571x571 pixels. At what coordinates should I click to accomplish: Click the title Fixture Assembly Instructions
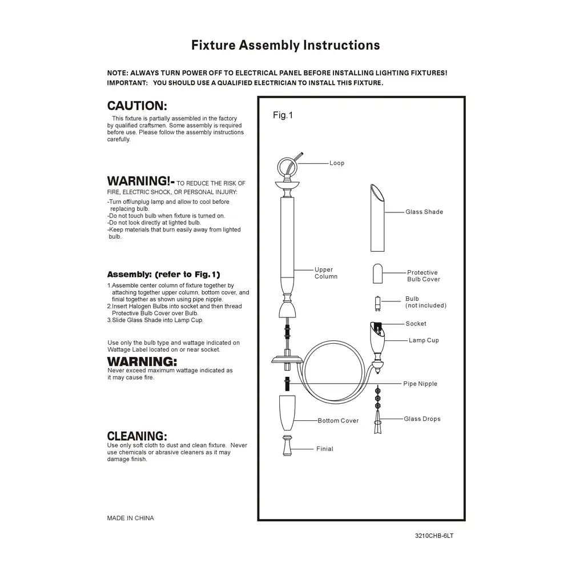click(x=285, y=45)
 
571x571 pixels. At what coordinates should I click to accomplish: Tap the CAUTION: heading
click(x=137, y=106)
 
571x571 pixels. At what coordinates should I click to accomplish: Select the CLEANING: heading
click(x=137, y=436)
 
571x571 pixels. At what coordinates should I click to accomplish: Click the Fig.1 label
click(x=283, y=115)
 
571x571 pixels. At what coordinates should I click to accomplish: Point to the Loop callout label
click(x=337, y=163)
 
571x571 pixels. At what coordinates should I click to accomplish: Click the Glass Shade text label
click(x=424, y=212)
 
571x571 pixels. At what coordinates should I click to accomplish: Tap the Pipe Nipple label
click(x=420, y=384)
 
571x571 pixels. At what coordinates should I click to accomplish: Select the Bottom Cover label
click(x=338, y=421)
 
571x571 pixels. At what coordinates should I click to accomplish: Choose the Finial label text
click(x=324, y=449)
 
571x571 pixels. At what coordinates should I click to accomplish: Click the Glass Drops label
click(x=422, y=419)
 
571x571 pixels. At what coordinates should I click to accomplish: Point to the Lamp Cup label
click(x=423, y=340)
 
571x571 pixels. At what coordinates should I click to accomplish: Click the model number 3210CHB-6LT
click(x=434, y=537)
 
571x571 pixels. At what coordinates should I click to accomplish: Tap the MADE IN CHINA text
click(x=130, y=518)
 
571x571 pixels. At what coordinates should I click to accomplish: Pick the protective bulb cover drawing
click(x=379, y=274)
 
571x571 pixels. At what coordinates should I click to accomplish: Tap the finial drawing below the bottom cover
click(x=287, y=446)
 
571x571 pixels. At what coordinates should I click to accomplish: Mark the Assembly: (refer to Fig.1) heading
click(x=163, y=274)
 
